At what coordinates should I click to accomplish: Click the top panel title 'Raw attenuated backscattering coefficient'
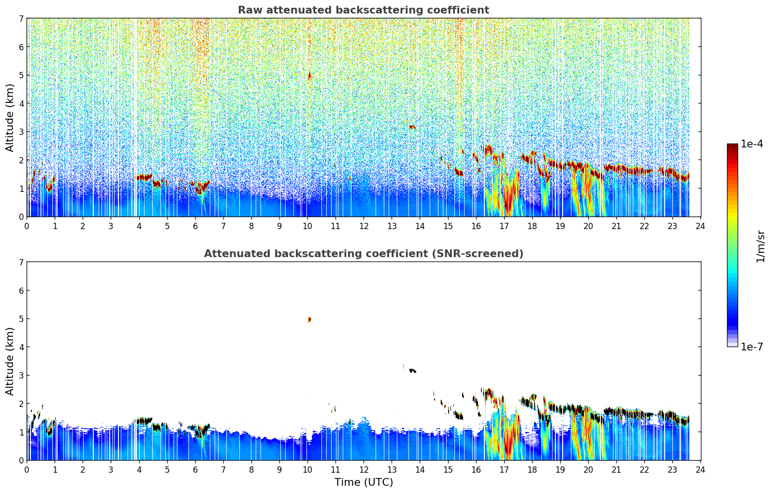[x=363, y=10]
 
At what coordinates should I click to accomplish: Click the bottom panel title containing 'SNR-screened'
[x=363, y=254]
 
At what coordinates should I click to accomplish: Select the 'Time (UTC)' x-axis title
[x=364, y=482]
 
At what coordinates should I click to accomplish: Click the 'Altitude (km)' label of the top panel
[x=10, y=117]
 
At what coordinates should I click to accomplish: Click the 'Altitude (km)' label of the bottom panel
[x=10, y=361]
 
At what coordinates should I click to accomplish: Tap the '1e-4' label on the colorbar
[x=752, y=144]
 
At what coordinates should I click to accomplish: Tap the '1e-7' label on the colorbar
[x=752, y=347]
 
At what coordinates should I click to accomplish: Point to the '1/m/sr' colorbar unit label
[x=760, y=246]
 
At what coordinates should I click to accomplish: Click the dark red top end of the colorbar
[x=732, y=146]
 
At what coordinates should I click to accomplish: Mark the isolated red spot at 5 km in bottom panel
[x=309, y=319]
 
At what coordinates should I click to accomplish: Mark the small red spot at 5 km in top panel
[x=309, y=75]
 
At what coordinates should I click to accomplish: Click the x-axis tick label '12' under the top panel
[x=364, y=226]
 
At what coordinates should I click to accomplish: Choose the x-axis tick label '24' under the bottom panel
[x=700, y=470]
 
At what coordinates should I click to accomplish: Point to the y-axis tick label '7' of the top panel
[x=21, y=18]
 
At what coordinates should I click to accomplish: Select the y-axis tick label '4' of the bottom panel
[x=21, y=347]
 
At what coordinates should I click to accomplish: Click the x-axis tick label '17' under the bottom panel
[x=504, y=470]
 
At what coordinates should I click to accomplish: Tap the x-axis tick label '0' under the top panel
[x=27, y=226]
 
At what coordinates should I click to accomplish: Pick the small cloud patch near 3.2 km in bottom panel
[x=412, y=371]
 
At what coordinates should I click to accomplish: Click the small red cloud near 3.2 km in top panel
[x=412, y=127]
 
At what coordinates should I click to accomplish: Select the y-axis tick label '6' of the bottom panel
[x=21, y=290]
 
